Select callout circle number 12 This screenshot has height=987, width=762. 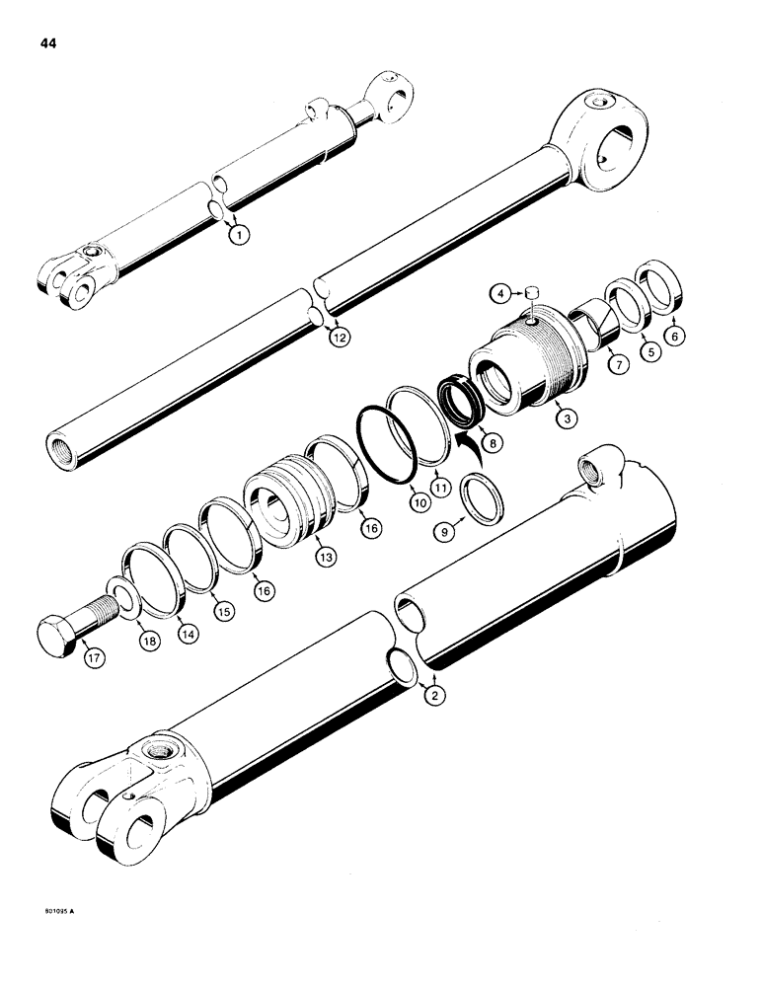point(340,338)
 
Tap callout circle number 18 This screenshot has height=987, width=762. point(153,636)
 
